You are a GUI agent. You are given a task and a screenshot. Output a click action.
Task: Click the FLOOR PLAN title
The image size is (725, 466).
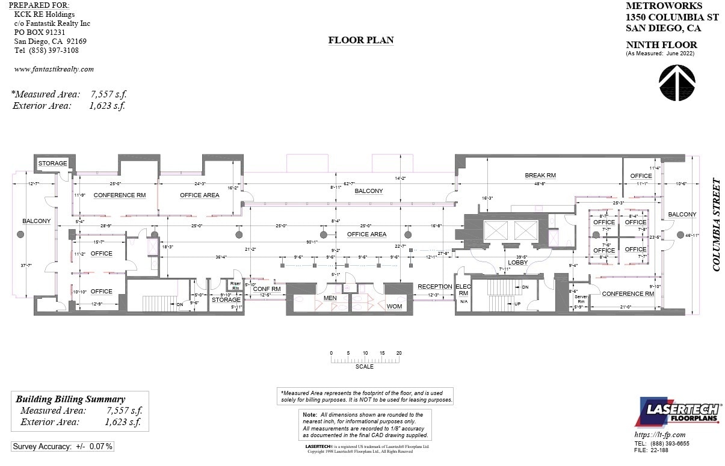[361, 40]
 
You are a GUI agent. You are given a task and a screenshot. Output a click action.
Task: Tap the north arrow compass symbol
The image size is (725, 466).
[677, 83]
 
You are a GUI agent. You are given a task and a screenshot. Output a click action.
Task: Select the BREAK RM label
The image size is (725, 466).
[540, 176]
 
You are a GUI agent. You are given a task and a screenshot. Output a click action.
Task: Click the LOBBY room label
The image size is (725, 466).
[517, 262]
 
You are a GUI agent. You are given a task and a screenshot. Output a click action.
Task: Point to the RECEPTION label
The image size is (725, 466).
[434, 286]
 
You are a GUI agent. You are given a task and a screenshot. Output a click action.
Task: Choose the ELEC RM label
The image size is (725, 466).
[463, 290]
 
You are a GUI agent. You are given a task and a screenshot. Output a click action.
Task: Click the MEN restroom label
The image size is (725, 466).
[330, 298]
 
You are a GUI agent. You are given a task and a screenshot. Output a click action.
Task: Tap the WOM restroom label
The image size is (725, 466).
[394, 306]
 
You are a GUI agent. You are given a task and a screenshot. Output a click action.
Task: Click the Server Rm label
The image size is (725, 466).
[581, 299]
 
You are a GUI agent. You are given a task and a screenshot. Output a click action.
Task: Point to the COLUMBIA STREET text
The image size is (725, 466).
[717, 224]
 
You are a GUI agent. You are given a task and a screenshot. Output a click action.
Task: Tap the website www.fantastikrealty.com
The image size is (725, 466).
[54, 69]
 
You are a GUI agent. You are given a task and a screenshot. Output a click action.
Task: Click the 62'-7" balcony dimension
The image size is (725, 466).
[349, 183]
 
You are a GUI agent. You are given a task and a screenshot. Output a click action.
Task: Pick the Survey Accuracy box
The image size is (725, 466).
[63, 446]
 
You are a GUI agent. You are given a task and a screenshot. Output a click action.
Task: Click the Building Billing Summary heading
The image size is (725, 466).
[70, 399]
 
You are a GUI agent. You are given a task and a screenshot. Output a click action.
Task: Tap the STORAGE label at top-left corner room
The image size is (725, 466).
[53, 164]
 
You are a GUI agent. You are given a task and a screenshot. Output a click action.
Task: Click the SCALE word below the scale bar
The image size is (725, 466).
[364, 367]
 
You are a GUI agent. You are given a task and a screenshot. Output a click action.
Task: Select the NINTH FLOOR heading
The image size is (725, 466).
[661, 45]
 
